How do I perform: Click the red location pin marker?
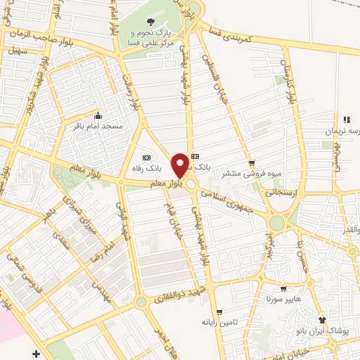[x=181, y=165]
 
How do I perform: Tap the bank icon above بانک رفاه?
[x=146, y=157]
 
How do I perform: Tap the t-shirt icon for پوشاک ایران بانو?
[x=323, y=321]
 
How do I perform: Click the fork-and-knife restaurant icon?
[x=347, y=120]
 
